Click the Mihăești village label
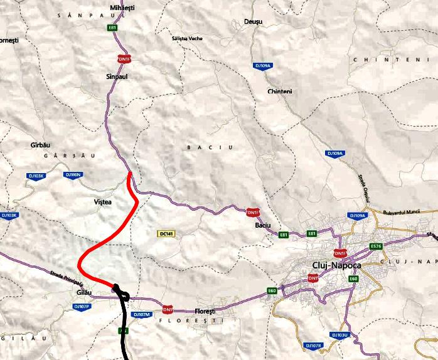tap(122, 8)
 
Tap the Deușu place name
tap(253, 21)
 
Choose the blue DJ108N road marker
tap(73, 174)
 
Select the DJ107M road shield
tap(142, 314)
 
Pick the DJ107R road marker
tap(313, 346)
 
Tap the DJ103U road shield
tap(339, 336)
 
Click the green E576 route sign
tap(377, 246)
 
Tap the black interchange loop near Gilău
tap(120, 293)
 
